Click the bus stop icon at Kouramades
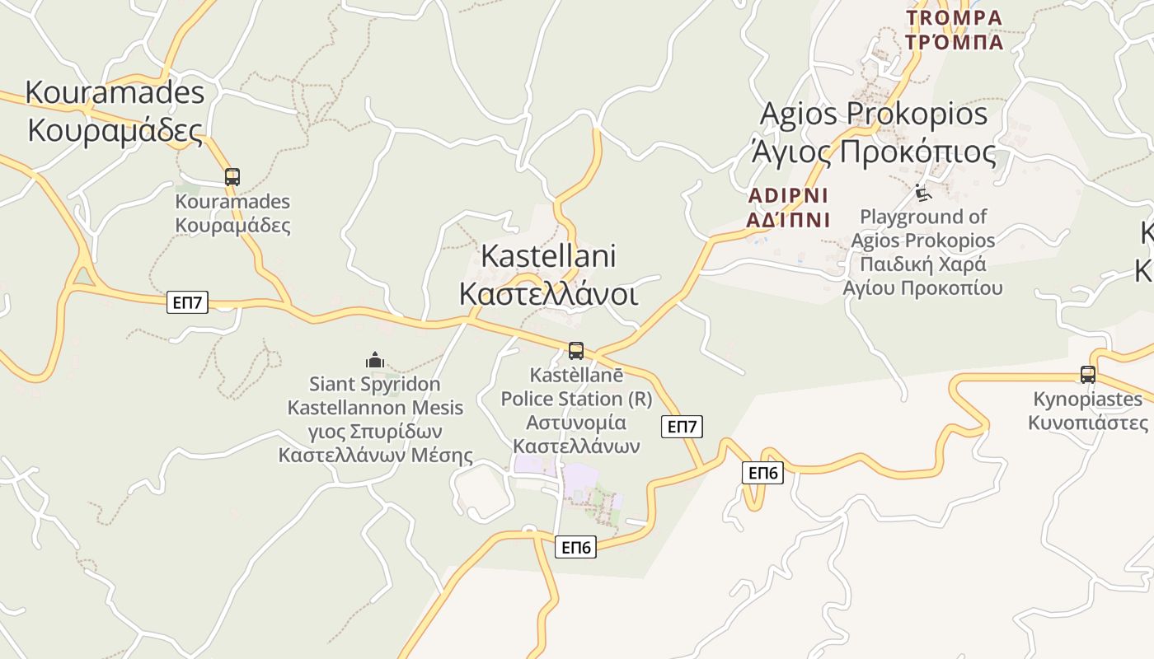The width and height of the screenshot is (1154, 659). click(x=232, y=176)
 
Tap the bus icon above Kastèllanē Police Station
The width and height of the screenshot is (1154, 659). click(x=576, y=351)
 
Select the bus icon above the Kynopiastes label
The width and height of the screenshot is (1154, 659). click(x=1088, y=375)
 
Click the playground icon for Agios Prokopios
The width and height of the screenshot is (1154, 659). click(x=923, y=194)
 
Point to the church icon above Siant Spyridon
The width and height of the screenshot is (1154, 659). click(x=375, y=360)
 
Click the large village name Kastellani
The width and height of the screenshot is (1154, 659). click(x=548, y=255)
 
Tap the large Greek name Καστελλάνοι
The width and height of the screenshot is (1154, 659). click(x=548, y=293)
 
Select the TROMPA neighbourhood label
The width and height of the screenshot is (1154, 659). click(x=954, y=17)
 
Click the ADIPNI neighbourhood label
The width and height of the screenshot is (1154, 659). click(x=787, y=196)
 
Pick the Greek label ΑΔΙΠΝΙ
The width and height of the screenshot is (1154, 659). click(x=787, y=220)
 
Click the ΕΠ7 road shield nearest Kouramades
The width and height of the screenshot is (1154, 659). click(x=187, y=302)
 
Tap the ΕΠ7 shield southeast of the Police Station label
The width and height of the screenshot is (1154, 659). click(x=682, y=427)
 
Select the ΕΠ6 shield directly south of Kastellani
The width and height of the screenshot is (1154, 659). click(x=575, y=547)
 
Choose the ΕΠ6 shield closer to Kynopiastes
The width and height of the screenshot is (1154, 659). click(x=762, y=473)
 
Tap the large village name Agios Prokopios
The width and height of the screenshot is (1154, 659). click(x=873, y=114)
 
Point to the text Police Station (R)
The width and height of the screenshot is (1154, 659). click(x=576, y=399)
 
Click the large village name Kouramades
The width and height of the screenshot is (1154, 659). click(x=115, y=92)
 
